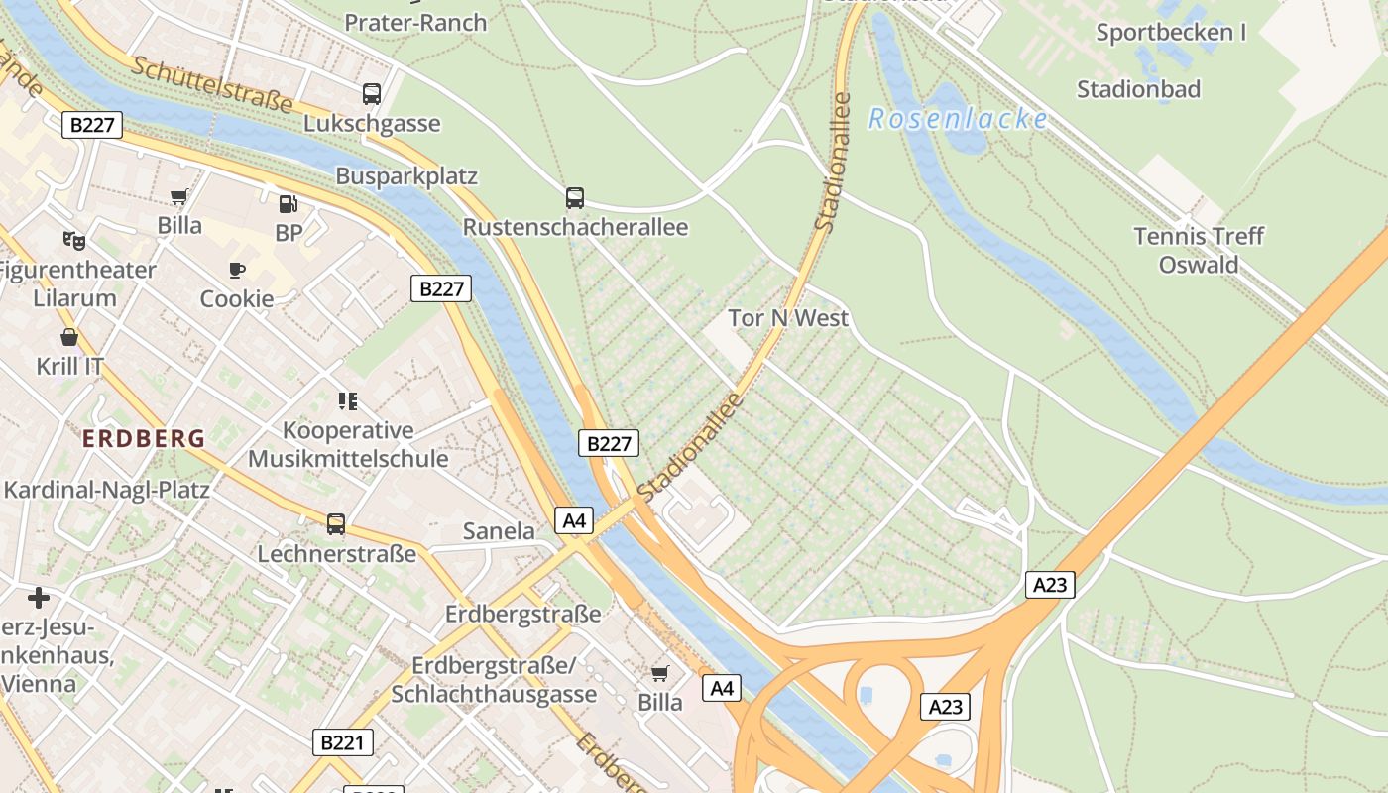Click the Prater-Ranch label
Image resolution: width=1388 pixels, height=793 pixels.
click(415, 22)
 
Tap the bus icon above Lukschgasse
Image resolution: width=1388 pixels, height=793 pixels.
click(372, 94)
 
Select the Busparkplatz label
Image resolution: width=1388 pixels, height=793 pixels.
click(406, 176)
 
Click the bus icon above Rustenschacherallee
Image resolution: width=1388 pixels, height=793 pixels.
click(575, 198)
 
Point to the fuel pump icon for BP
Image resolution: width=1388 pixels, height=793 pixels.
click(289, 204)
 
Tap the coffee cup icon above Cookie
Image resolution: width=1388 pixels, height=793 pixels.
click(237, 270)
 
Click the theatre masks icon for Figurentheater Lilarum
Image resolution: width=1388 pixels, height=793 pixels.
click(74, 240)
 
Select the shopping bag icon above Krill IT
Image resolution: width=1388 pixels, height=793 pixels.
click(69, 337)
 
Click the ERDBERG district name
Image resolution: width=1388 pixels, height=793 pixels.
click(144, 438)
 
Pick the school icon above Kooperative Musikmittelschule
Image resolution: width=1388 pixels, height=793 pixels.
click(347, 401)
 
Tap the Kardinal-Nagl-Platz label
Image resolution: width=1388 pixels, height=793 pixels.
click(107, 490)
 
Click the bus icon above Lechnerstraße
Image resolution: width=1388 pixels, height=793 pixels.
click(336, 523)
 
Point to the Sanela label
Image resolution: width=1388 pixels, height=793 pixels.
click(499, 531)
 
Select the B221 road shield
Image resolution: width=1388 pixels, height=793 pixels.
click(343, 741)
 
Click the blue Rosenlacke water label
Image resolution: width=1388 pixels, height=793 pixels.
click(958, 119)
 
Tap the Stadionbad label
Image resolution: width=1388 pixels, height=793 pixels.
click(1138, 89)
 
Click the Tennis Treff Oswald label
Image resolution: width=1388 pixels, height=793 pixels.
click(1199, 250)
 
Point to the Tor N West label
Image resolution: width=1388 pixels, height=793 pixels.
click(788, 318)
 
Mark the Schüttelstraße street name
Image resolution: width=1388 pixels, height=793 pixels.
click(211, 84)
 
